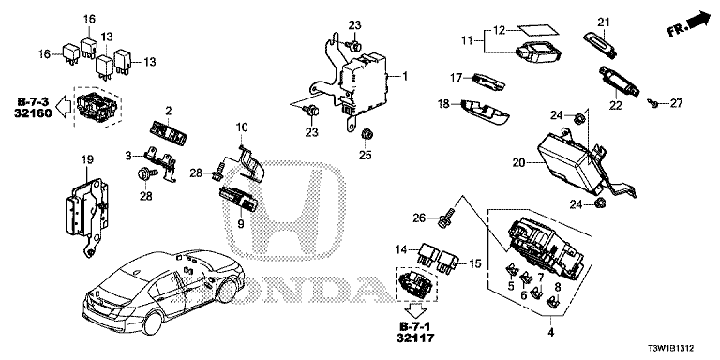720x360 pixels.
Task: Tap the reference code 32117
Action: pos(417,338)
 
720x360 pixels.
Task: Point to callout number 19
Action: pos(87,159)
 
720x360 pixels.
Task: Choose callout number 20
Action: pos(518,161)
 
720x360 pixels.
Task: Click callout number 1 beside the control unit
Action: pos(405,75)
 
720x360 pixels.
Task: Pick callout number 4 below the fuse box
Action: pos(551,333)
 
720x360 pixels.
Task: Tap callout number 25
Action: pos(365,156)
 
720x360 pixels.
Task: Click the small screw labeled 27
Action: pos(652,103)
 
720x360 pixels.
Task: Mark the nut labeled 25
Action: pos(367,134)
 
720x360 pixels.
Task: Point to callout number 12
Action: pos(499,30)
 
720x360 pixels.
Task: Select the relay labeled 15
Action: pos(446,262)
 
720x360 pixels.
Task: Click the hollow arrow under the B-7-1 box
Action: pos(417,310)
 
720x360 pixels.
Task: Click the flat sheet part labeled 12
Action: pos(537,29)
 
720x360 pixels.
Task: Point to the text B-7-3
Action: pos(33,100)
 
